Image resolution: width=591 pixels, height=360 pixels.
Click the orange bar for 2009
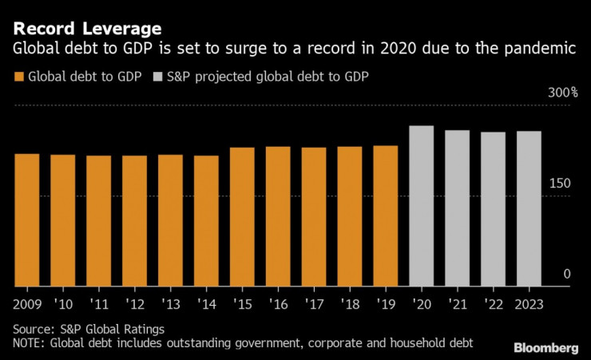[26, 220]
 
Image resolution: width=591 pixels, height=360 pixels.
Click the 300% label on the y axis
[562, 93]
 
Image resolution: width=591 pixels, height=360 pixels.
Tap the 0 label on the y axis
[567, 274]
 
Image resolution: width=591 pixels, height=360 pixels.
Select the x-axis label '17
[314, 304]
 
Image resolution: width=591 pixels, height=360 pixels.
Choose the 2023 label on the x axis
[528, 304]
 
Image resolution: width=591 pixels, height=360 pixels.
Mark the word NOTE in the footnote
[30, 342]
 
